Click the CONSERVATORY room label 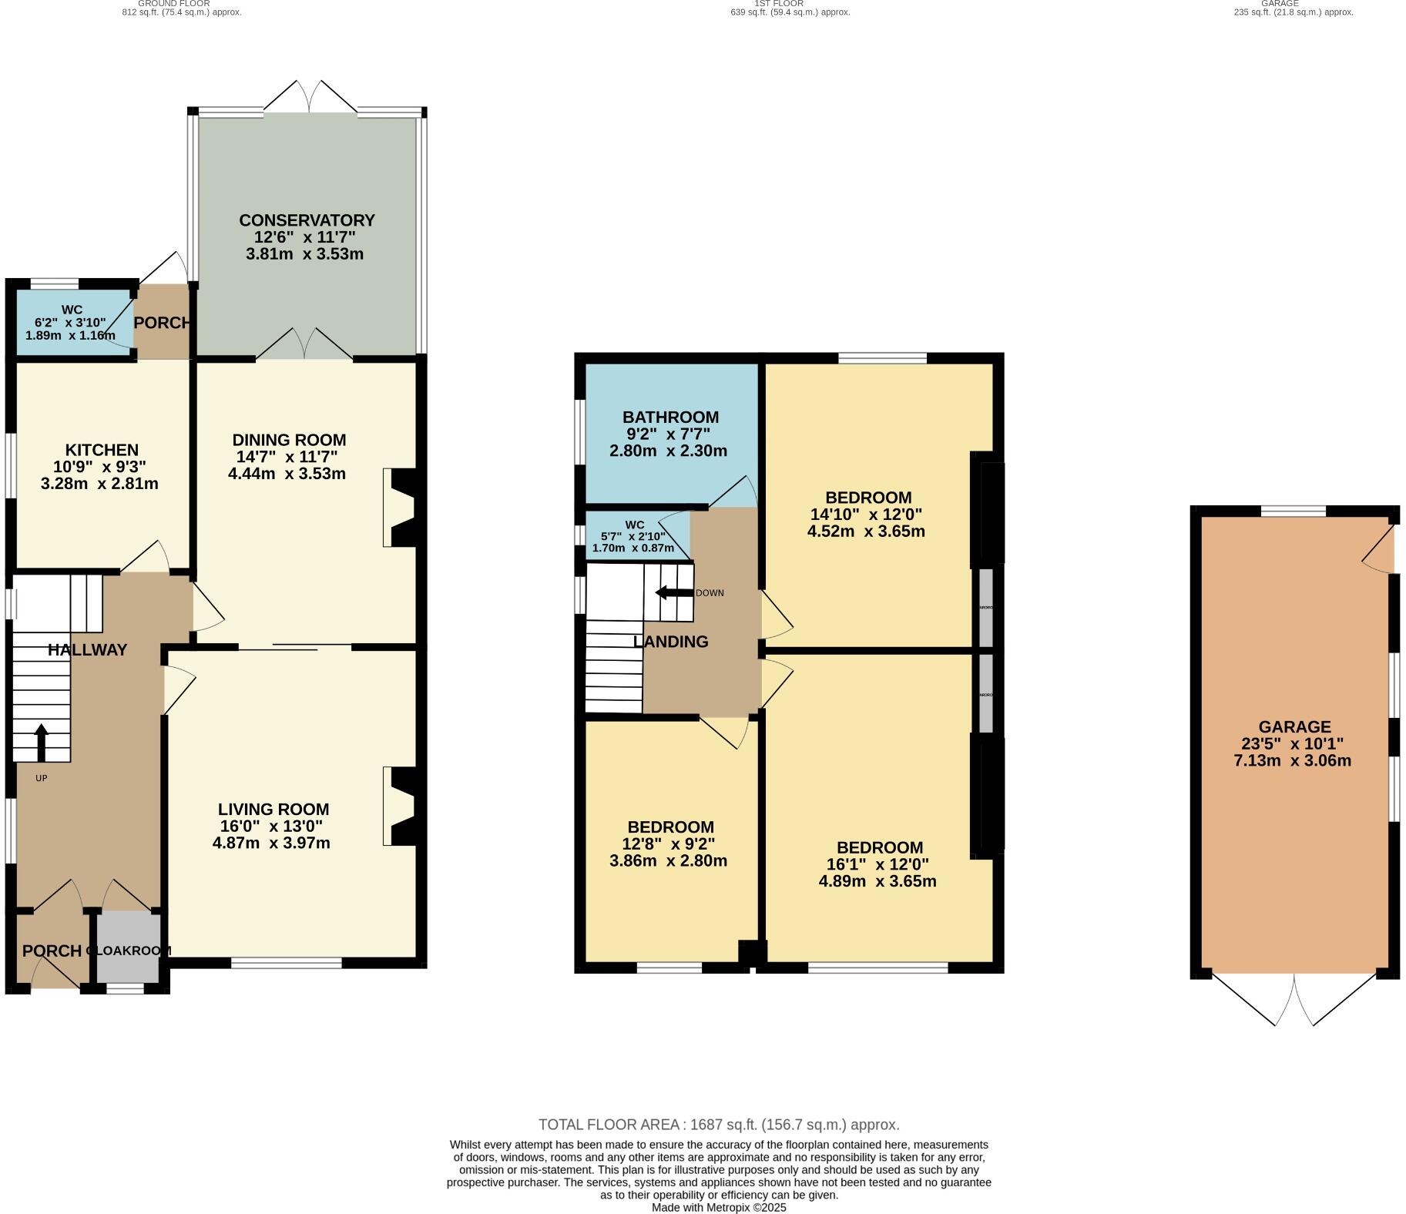tap(306, 220)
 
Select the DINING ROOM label tap(289, 440)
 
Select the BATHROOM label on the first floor tap(670, 418)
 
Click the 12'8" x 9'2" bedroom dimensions tap(669, 843)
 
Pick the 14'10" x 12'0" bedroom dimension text tap(866, 515)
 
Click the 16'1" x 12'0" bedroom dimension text tap(878, 864)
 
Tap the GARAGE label tap(1294, 726)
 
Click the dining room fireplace tap(401, 508)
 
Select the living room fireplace tap(401, 807)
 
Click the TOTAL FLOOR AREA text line tap(718, 1125)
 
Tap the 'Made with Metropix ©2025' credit tap(718, 1207)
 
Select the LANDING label tap(670, 642)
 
